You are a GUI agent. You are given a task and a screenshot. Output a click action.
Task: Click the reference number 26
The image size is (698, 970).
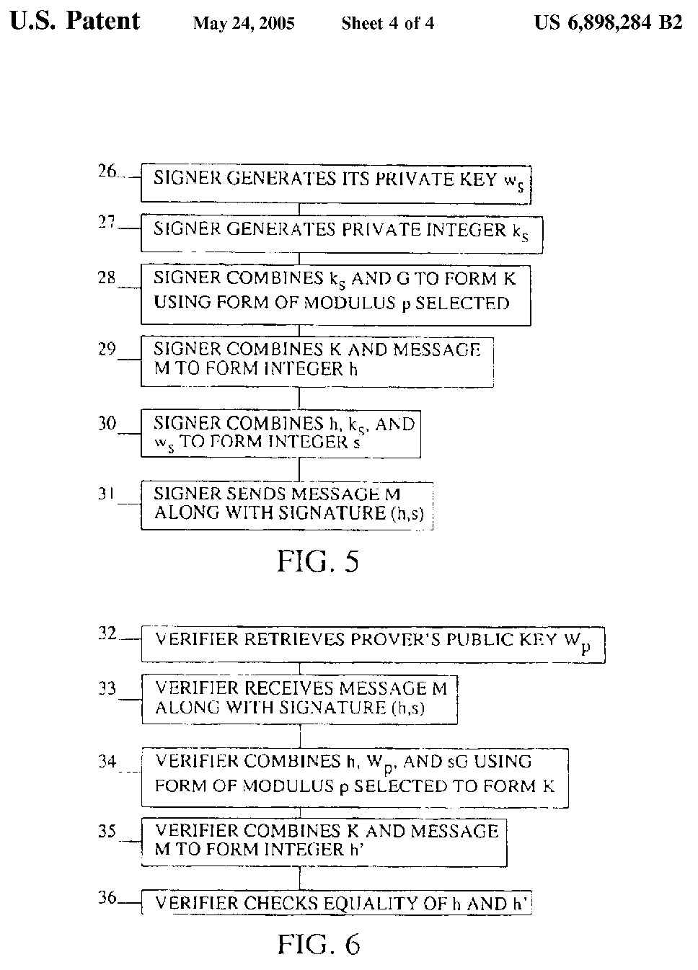click(x=107, y=172)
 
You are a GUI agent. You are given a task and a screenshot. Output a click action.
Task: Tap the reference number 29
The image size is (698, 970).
click(x=107, y=349)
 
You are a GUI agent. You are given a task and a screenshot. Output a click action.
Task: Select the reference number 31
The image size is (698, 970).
click(x=107, y=494)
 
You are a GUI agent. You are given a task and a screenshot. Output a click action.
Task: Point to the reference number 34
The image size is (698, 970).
click(x=107, y=761)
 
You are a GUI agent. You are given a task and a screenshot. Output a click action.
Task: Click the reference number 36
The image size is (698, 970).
click(x=107, y=899)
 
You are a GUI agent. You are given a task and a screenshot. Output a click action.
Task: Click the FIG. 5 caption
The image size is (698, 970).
click(x=317, y=561)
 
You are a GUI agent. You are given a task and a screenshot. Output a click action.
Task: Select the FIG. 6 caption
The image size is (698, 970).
click(x=318, y=944)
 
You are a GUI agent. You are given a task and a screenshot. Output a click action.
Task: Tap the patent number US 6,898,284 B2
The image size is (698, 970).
click(x=608, y=23)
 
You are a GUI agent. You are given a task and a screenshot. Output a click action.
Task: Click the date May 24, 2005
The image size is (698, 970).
click(x=244, y=24)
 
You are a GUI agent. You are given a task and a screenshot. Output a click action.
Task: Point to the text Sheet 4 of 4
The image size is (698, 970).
click(x=388, y=24)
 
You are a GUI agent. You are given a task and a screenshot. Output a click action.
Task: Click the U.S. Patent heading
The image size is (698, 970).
click(x=75, y=22)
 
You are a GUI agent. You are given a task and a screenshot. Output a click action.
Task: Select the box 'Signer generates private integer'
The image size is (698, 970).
click(x=341, y=233)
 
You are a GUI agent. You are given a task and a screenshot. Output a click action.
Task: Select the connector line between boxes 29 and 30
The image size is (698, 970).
click(x=299, y=399)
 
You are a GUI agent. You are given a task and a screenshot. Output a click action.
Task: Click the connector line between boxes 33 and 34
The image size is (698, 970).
click(x=300, y=736)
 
